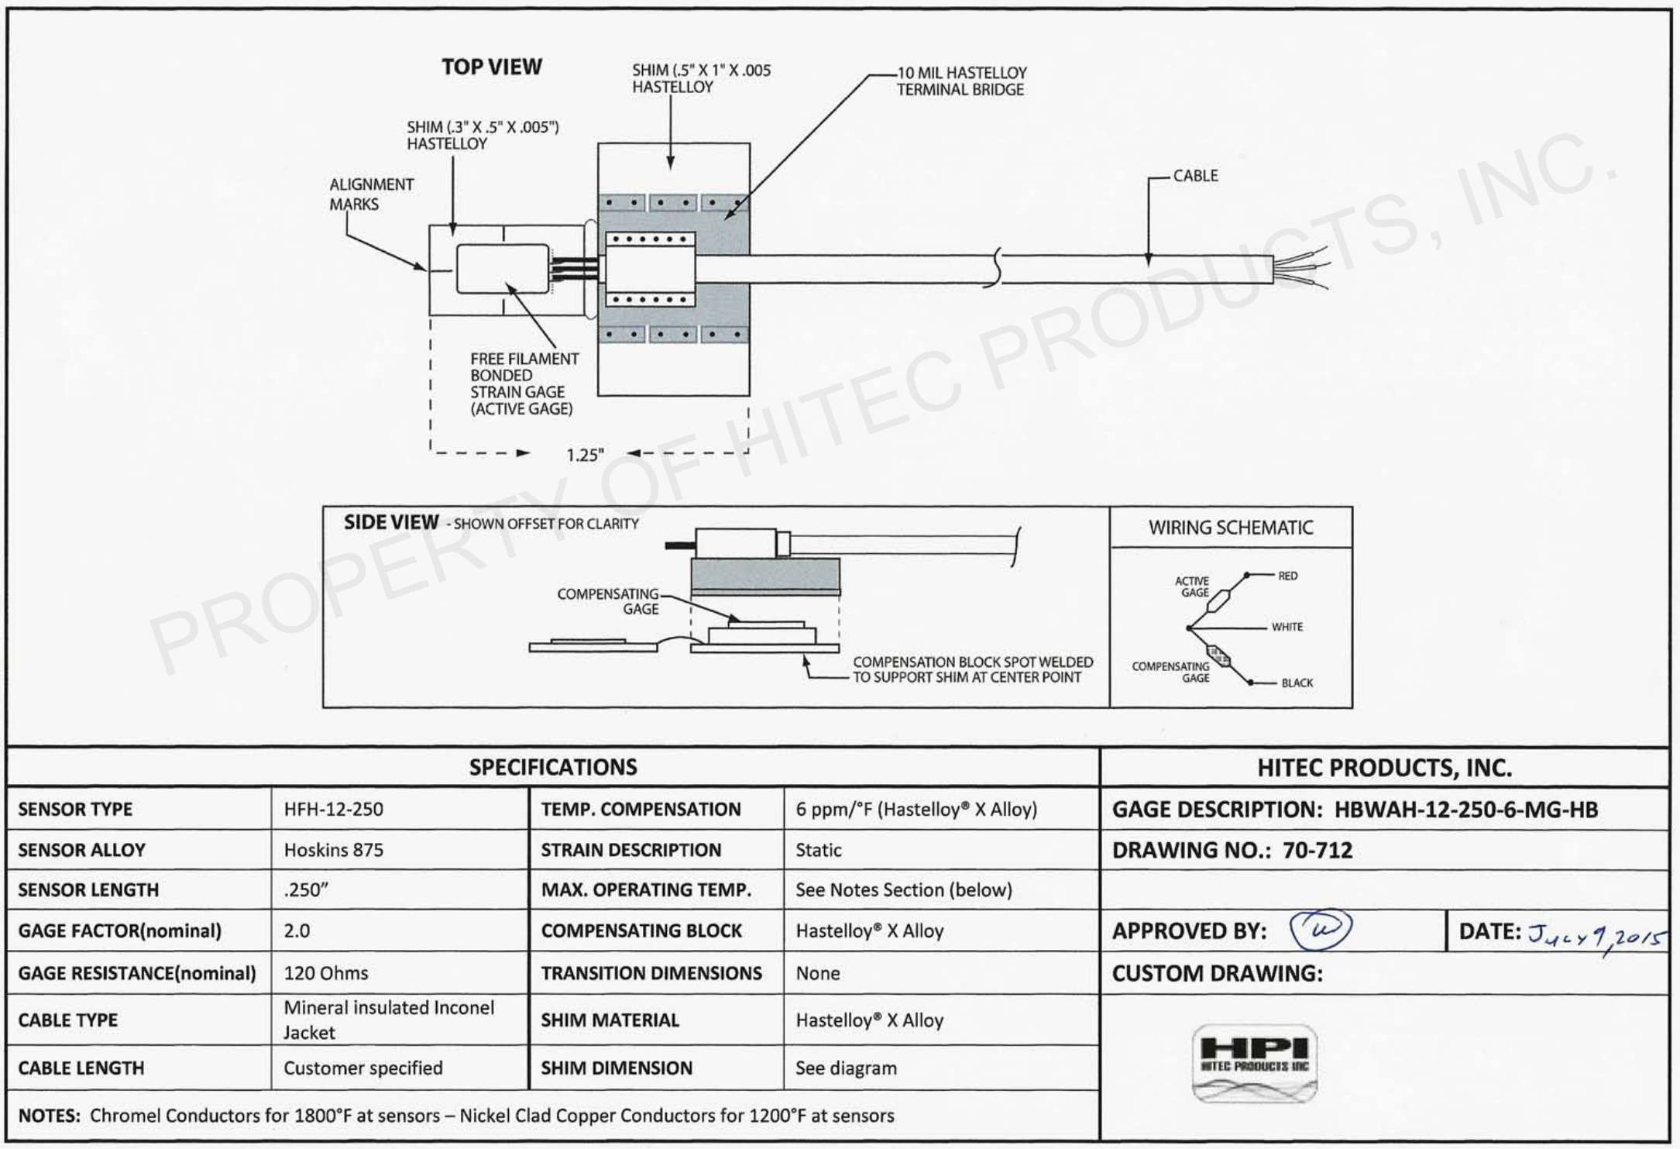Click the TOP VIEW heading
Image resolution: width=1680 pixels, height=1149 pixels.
492,67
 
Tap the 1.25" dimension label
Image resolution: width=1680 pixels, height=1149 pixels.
584,455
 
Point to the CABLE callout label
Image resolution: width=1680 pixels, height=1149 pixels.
1195,176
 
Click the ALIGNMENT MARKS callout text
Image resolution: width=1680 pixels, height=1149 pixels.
371,194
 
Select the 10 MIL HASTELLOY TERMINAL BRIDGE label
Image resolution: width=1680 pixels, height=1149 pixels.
961,81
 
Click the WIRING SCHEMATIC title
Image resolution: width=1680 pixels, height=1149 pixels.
1231,528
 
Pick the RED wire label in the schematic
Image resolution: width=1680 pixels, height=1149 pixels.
1287,576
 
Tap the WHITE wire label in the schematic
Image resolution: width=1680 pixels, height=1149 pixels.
1287,627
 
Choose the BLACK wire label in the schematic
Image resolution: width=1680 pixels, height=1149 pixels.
1297,683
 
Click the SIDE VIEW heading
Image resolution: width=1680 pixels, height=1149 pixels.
391,523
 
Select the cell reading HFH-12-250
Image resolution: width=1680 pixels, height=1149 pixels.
333,810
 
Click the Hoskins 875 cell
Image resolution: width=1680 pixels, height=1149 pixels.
333,850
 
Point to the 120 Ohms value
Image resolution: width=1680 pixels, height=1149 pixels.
326,972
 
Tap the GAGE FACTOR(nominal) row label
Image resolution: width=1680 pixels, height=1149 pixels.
119,931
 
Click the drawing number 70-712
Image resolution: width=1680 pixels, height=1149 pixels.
1318,850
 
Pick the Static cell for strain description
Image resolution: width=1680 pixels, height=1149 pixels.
818,850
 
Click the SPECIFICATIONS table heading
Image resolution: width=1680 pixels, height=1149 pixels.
553,767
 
